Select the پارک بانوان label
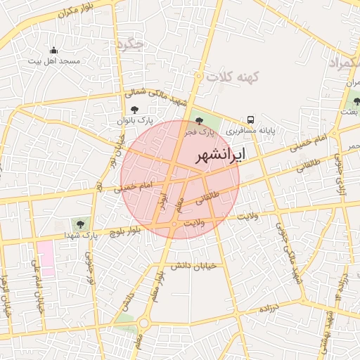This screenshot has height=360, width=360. pos(135,122)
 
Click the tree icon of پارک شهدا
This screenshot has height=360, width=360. pos(80,224)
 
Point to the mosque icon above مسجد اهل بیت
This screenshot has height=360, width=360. pos(53,50)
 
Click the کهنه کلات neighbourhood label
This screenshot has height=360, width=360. pos(235,76)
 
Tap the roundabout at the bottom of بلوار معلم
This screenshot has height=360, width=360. pos(144,323)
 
